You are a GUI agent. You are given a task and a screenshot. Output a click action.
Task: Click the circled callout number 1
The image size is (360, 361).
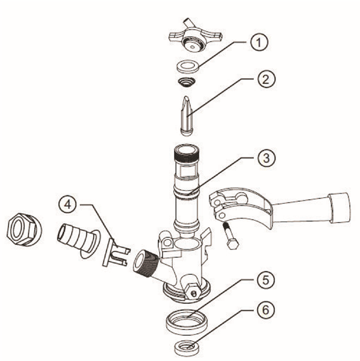coord(259,43)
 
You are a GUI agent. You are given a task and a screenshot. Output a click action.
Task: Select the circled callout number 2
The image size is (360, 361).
coord(266,79)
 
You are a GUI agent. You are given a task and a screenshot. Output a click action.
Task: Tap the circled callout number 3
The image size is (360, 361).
coord(266,158)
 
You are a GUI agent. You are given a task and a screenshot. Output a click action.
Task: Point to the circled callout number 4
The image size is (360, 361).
coord(67,204)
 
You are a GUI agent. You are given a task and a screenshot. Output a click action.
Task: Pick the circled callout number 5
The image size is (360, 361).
coord(265,280)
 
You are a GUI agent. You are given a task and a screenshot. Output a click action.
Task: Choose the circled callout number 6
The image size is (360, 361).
coord(265,310)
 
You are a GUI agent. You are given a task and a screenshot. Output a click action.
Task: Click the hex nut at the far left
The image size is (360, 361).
coord(24,229)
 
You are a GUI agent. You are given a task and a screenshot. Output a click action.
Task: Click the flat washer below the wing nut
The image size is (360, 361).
coord(188,67)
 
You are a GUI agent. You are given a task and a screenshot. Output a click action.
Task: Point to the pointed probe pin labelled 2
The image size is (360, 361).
coord(187,116)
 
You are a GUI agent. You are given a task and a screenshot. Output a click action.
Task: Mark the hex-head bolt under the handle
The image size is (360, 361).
coord(230,235)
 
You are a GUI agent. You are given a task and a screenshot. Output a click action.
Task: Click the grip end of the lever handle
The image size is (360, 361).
coord(340,208)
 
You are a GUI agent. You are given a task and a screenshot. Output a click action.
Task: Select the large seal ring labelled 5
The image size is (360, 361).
coord(187,322)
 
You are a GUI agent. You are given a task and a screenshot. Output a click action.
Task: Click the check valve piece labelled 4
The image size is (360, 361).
coord(116,253)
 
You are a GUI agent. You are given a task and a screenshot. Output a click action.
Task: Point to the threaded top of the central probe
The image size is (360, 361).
coord(187,153)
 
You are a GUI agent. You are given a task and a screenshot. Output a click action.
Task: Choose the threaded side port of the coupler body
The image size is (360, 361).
coord(145,263)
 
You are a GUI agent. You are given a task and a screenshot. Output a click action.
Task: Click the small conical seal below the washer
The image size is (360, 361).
coord(187,82)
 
